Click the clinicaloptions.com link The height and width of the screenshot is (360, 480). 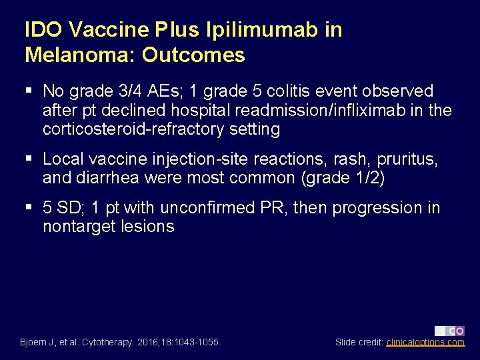coord(425,343)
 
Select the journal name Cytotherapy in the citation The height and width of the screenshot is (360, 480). coord(109,343)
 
